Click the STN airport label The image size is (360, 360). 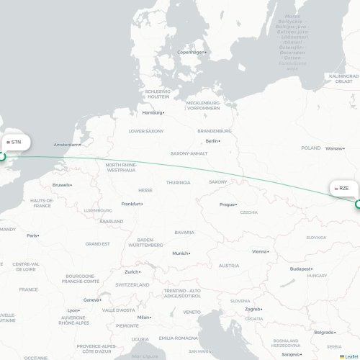coord(14,143)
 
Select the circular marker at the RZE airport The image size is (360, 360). coord(358,204)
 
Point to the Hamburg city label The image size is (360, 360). coord(152,112)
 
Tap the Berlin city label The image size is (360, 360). coord(212,141)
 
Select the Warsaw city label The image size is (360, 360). coord(333,149)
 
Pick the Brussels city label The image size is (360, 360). coord(61,185)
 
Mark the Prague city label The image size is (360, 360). coord(228,204)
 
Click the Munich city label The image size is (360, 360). coord(179,253)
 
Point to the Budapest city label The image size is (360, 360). coord(300,268)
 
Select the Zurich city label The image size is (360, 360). coord(131,272)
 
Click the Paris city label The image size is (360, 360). coord(32,235)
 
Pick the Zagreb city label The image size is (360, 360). coord(252,309)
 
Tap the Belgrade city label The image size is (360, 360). coord(323,332)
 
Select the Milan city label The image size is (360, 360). coord(143,317)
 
